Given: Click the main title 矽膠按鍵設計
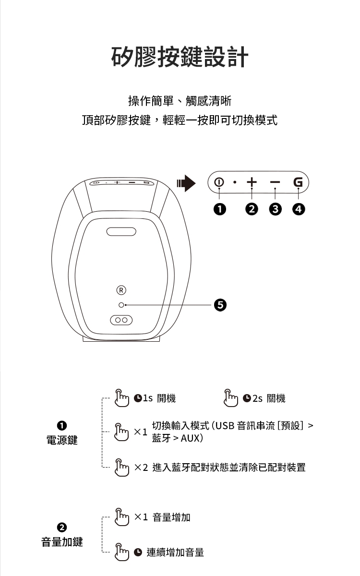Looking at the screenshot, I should click(180, 57).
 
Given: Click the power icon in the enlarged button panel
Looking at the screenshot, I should click(219, 183).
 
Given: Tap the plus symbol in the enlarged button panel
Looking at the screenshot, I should click(252, 183).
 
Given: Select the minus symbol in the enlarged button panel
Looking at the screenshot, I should click(275, 183).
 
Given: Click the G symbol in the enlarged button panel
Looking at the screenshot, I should click(298, 183).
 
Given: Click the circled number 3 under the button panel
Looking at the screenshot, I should click(275, 209).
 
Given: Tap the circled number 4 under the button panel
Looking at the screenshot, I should click(299, 209).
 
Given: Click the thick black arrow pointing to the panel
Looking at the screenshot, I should click(186, 183).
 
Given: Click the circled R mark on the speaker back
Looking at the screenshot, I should click(122, 290).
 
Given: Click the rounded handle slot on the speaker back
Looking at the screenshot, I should click(121, 231).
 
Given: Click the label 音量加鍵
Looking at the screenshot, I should click(61, 542).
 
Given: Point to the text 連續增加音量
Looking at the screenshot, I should click(175, 552).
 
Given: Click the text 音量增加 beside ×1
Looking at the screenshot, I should click(171, 517).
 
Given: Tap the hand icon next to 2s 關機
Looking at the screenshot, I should click(231, 397).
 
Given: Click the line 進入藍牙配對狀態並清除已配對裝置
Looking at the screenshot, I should click(228, 467).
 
